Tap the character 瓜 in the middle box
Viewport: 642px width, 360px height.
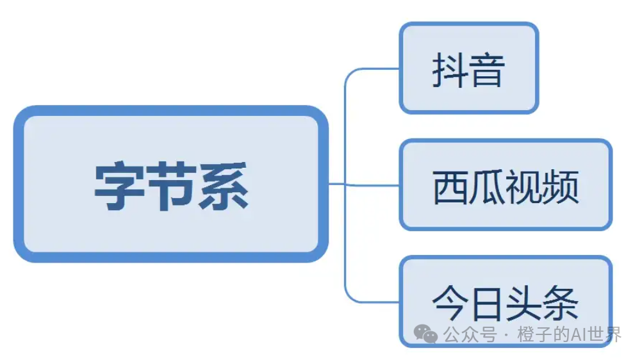[x=487, y=187]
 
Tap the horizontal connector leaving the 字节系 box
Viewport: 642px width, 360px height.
[x=337, y=184]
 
